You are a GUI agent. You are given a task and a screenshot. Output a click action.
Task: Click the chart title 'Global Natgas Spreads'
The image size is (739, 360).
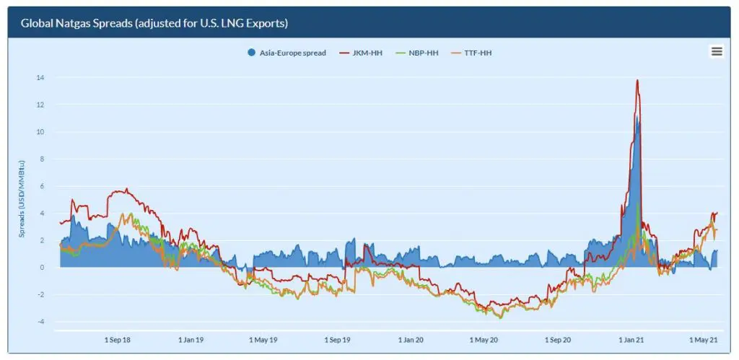154,23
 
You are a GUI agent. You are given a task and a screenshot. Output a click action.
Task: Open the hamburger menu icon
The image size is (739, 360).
716,51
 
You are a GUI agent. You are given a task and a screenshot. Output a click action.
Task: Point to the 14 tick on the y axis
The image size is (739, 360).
40,78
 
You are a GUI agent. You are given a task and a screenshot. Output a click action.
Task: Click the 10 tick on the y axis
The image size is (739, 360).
40,132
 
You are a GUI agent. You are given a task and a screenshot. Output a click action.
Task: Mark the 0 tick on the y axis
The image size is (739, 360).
42,268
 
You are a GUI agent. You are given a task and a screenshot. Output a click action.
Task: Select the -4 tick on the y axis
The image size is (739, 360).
40,322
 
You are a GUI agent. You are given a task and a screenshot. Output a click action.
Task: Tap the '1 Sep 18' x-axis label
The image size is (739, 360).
118,339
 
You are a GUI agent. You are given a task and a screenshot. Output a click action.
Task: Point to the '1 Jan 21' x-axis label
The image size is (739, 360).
632,339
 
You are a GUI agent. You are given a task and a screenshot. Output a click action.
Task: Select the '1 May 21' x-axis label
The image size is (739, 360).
703,339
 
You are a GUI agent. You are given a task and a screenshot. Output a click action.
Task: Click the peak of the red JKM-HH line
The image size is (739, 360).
637,80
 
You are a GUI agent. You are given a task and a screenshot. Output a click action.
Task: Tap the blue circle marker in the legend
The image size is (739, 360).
251,53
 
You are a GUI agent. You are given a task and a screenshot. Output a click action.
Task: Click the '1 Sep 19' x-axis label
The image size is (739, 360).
338,339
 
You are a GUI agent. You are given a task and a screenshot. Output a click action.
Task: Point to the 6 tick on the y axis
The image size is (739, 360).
42,186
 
